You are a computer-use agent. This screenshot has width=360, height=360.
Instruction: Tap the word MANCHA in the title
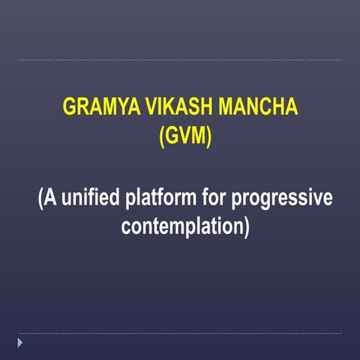click(x=256, y=106)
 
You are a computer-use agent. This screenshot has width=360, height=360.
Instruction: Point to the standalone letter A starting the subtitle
click(x=49, y=199)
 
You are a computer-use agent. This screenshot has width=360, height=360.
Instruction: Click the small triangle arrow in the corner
click(x=21, y=343)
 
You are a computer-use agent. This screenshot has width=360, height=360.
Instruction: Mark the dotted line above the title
click(x=180, y=60)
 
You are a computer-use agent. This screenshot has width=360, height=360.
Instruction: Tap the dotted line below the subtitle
click(x=180, y=334)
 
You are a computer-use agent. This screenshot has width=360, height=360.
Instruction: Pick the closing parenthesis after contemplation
click(x=246, y=226)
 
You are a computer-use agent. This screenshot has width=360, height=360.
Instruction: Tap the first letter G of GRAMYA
click(x=70, y=106)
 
